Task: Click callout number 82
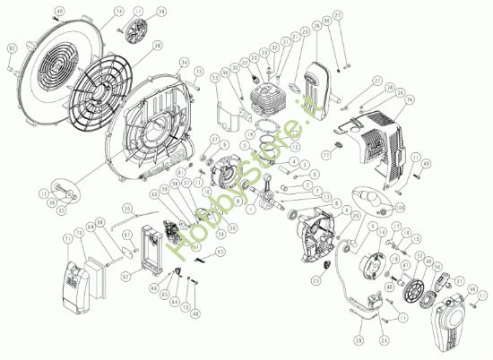point(12,47)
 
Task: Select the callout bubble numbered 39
point(162,12)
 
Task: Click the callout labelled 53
point(216,79)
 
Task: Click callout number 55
point(127,207)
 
